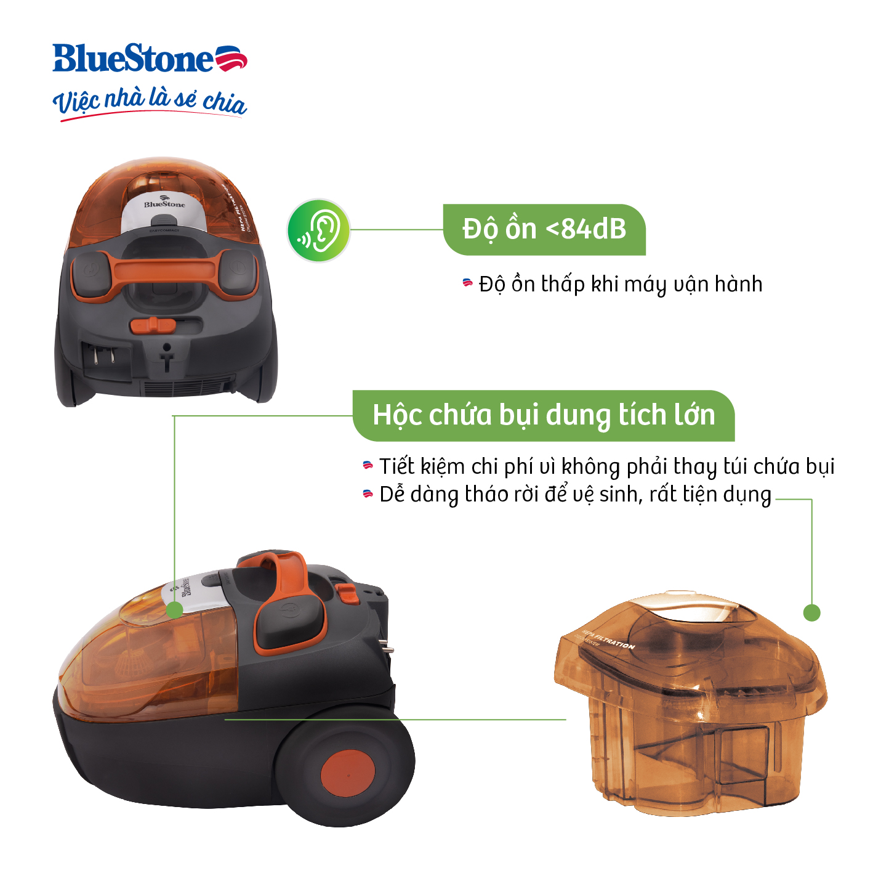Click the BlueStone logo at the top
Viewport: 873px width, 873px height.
(x=150, y=59)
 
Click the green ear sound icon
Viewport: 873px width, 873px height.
(x=319, y=230)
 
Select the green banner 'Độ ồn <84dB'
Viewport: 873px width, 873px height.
(x=544, y=229)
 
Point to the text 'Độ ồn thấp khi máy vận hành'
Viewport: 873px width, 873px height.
(x=620, y=284)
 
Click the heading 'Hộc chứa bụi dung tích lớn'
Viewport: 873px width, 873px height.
(x=544, y=415)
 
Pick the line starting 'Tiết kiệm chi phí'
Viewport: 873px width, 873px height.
(x=606, y=466)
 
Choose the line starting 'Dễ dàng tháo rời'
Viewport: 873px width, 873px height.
(x=575, y=495)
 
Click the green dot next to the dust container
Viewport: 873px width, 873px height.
(x=811, y=613)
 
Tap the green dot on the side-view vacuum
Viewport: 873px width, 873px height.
(x=175, y=610)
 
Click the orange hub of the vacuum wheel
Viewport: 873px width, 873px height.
(x=347, y=773)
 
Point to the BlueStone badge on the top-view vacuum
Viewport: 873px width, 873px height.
(x=164, y=204)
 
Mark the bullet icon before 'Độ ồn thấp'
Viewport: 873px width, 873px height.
(x=468, y=283)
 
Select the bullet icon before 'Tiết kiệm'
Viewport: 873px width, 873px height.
(x=368, y=466)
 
